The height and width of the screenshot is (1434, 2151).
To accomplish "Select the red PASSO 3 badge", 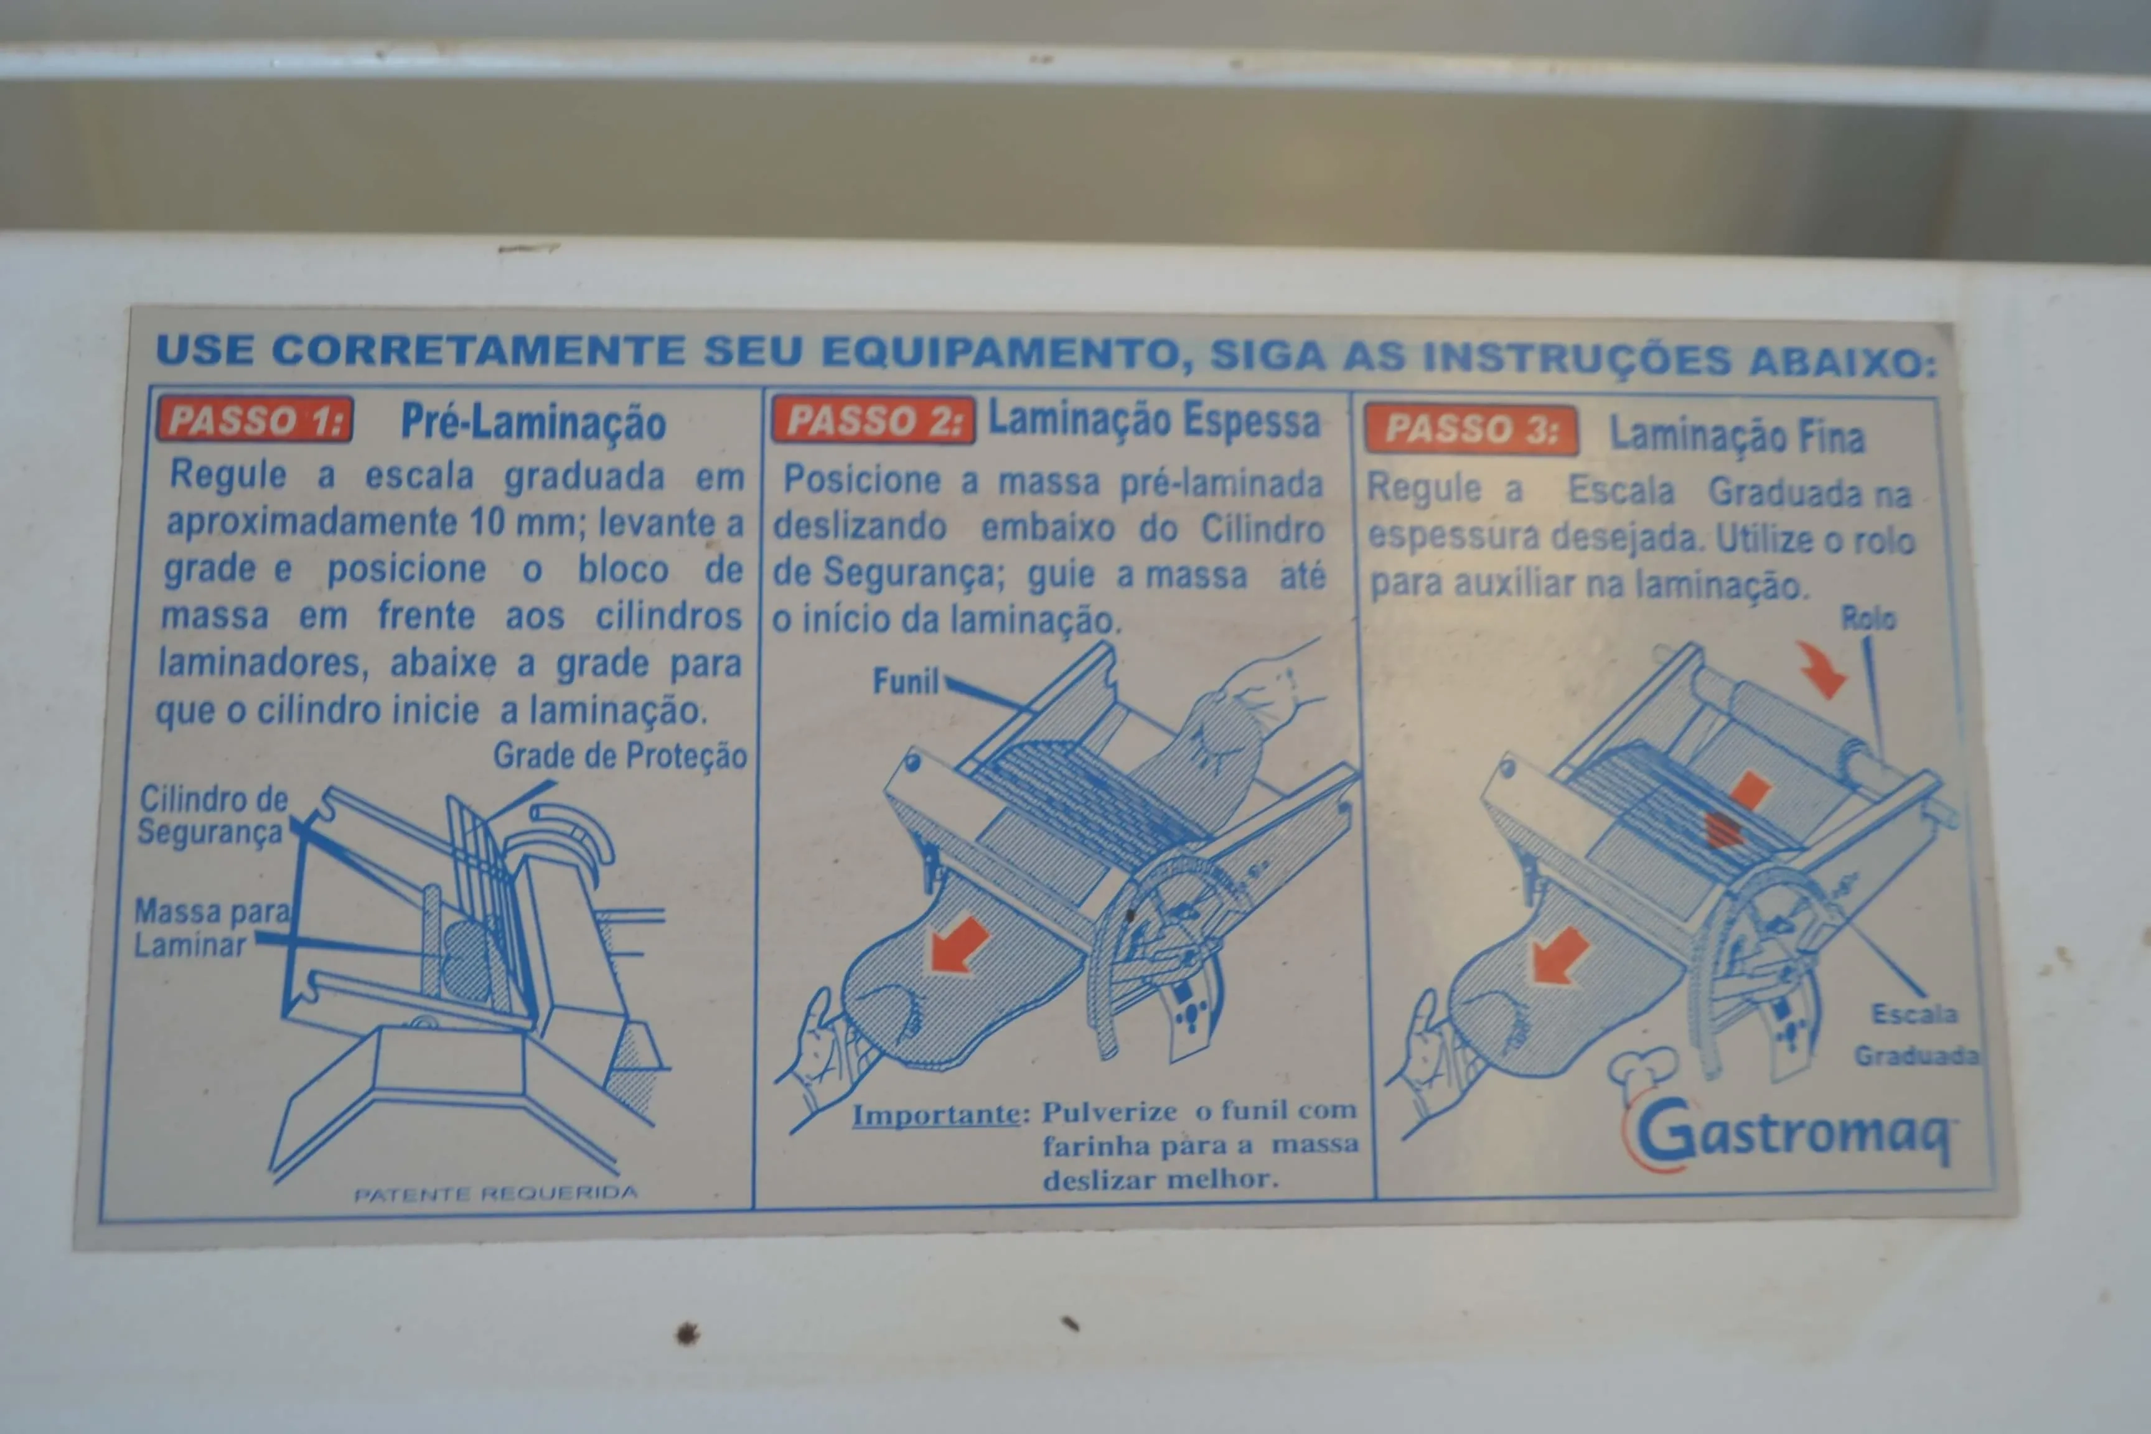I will [x=1471, y=429].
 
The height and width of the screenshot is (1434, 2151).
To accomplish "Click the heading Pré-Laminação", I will [x=533, y=423].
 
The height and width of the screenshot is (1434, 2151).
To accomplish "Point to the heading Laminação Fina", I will [x=1736, y=434].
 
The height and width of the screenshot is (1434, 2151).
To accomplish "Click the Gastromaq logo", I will [x=1792, y=1134].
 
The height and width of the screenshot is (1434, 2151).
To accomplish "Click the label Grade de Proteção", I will [x=619, y=756].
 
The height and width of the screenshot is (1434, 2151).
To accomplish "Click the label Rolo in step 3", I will [x=1867, y=618].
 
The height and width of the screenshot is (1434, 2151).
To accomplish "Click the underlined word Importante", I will [x=935, y=1115].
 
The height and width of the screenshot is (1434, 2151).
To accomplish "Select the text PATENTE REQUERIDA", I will [x=495, y=1194].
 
